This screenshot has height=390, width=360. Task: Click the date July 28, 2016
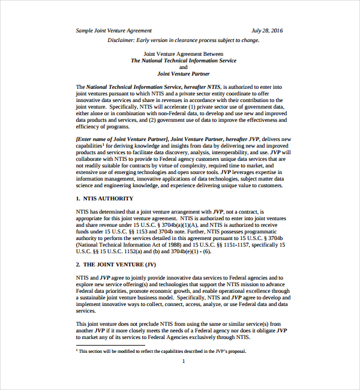pos(267,31)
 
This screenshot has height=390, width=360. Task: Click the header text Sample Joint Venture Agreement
pos(114,31)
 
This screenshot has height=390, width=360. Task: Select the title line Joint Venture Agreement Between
pos(184,53)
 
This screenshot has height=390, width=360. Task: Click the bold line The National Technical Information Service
pos(184,61)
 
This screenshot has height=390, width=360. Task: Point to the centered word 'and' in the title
pos(184,67)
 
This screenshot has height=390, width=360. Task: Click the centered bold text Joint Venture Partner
pos(184,74)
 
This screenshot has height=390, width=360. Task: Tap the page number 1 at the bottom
pos(184,361)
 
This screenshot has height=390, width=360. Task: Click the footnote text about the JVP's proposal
pos(162,352)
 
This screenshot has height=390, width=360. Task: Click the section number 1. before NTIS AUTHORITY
pos(78,198)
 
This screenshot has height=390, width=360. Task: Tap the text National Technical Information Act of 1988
pos(124,244)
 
